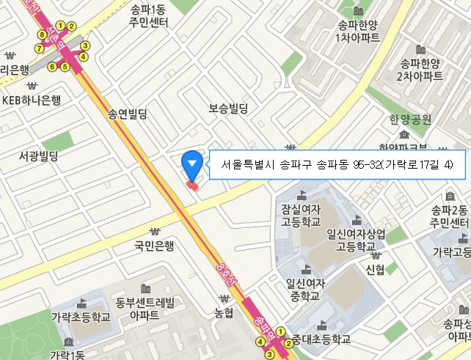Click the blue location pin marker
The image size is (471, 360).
coord(191,164)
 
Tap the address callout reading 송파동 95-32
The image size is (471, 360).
coord(337,164)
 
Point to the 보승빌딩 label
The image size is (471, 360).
coord(228,108)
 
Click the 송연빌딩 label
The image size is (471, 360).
coord(128,114)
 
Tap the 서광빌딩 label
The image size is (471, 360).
coord(38,156)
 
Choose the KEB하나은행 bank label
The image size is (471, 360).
coord(32,100)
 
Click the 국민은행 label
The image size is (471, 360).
coord(154,246)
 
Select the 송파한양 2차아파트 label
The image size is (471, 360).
coord(420,69)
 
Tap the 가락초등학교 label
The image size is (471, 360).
coord(81,317)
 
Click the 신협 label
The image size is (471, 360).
coord(375,269)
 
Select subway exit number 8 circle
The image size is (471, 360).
coord(43,34)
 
